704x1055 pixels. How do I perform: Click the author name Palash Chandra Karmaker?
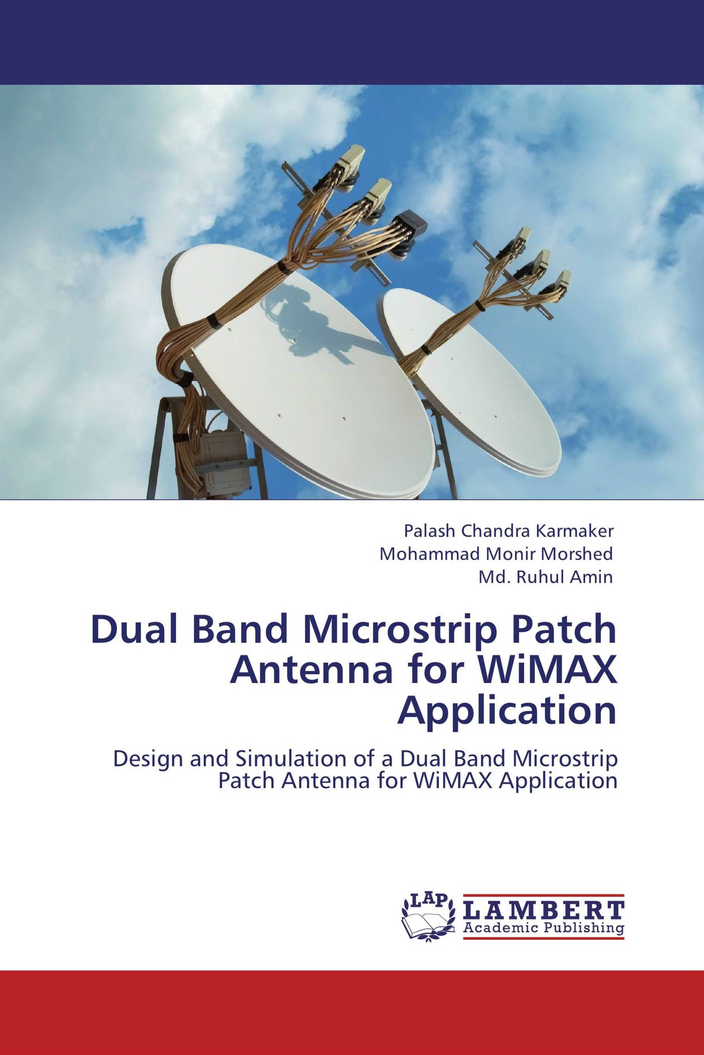coord(508,531)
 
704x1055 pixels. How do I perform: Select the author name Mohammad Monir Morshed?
coord(496,554)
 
